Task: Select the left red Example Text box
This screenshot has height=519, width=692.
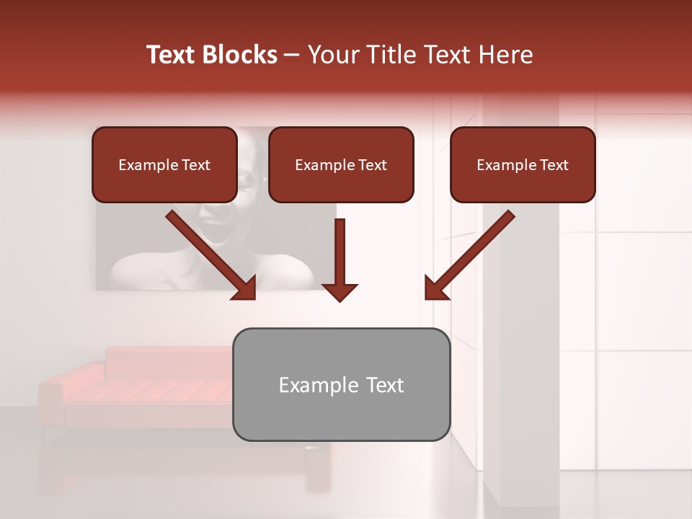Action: point(164,164)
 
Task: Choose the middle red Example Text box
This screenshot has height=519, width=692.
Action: point(341,164)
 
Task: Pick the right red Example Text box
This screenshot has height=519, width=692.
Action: point(523,164)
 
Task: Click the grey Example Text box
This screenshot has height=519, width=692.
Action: point(341,384)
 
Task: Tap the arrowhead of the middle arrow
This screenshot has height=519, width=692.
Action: point(340,291)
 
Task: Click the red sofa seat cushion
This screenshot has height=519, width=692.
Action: point(144,391)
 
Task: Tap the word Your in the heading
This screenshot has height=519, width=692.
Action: point(331,55)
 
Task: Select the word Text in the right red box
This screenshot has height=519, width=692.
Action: point(554,165)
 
